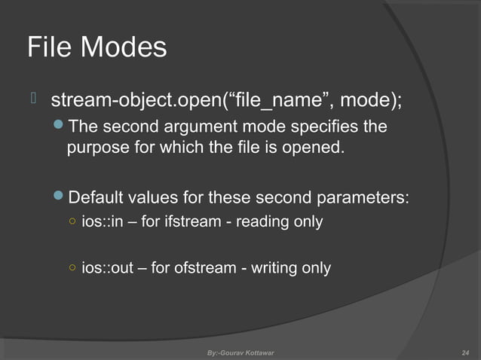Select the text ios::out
(105, 267)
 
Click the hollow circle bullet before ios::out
(71, 267)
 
